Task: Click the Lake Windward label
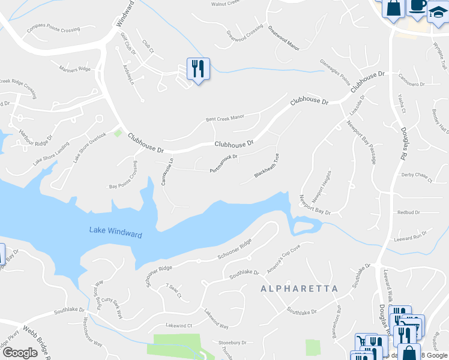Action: click(116, 232)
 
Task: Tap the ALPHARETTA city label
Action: click(300, 289)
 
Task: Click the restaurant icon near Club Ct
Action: click(197, 68)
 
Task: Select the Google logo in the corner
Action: click(20, 352)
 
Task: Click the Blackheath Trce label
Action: click(267, 166)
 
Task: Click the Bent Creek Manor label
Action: click(225, 117)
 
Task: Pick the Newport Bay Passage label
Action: click(361, 142)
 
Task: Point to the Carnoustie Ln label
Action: click(166, 171)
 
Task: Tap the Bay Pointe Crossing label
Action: click(127, 182)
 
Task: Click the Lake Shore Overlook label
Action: click(89, 147)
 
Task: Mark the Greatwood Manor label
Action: click(283, 38)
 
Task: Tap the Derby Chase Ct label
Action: click(417, 176)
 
